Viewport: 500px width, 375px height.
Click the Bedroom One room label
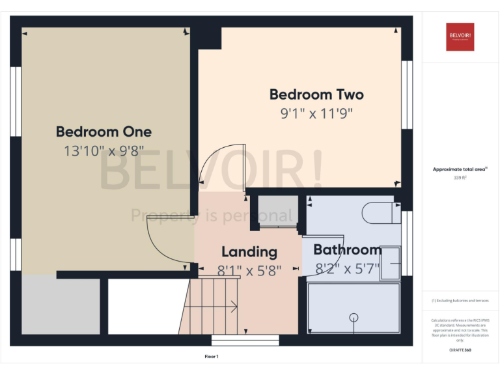coord(104,132)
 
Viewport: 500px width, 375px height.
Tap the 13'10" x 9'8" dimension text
coord(104,151)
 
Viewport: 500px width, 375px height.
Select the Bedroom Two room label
coord(316,94)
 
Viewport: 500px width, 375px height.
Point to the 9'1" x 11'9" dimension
coord(316,114)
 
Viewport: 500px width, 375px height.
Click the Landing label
coord(249,252)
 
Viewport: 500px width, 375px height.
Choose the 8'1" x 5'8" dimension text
coord(249,270)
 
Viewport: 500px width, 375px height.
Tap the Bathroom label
coord(347,250)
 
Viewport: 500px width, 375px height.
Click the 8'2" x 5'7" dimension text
coord(347,269)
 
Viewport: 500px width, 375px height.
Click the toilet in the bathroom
coord(384,212)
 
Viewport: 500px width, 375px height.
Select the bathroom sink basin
coord(391,262)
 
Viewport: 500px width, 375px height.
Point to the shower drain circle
coord(354,318)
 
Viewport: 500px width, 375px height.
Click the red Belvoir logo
coord(460,36)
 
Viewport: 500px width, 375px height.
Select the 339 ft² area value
coord(460,177)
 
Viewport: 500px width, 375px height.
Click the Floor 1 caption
coord(212,356)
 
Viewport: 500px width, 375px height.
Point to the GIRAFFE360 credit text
coord(460,350)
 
